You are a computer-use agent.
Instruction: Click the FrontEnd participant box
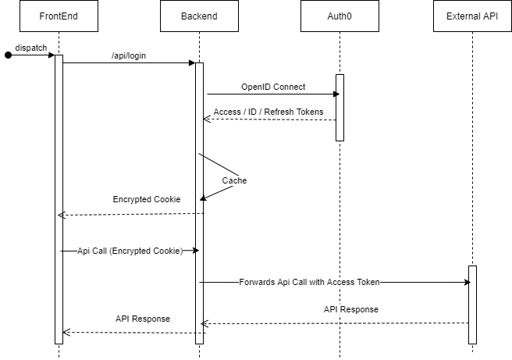click(x=59, y=16)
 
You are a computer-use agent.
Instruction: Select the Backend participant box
click(x=199, y=16)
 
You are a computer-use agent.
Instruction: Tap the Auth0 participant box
click(x=340, y=16)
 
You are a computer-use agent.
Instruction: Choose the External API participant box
click(x=472, y=16)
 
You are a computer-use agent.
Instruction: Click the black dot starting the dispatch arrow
click(x=9, y=55)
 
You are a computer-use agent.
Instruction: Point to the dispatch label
click(x=31, y=47)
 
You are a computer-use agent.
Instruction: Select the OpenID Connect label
click(x=273, y=86)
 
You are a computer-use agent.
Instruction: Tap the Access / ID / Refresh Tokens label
click(x=268, y=112)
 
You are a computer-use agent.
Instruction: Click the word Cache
click(x=234, y=180)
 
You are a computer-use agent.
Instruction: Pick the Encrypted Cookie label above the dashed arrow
click(x=147, y=199)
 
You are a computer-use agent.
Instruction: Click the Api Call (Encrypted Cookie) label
click(x=130, y=251)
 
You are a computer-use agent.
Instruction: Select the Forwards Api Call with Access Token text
click(x=309, y=282)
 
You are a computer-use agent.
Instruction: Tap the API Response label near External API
click(x=351, y=309)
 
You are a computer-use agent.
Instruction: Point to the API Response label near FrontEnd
click(x=143, y=319)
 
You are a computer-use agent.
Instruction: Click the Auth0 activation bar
click(x=340, y=107)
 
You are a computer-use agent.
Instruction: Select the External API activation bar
click(x=472, y=305)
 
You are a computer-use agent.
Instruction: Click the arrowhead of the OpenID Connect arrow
click(x=336, y=94)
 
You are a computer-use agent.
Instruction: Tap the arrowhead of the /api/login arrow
click(x=192, y=62)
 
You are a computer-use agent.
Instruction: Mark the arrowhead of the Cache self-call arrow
click(x=203, y=198)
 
